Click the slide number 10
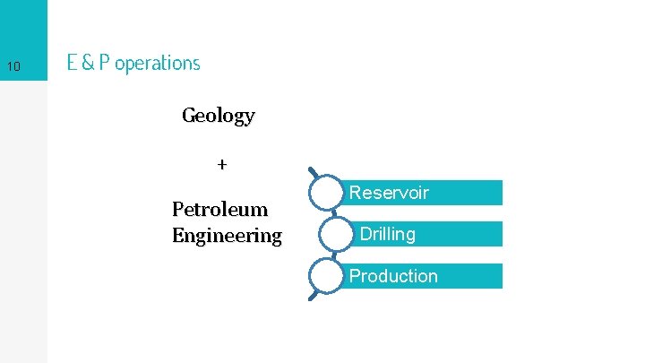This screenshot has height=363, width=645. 13,66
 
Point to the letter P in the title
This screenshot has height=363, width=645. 106,63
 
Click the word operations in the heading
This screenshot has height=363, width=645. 158,64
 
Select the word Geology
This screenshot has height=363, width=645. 218,116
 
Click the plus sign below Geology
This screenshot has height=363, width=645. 222,165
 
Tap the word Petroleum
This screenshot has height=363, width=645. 219,210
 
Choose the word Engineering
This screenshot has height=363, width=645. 227,236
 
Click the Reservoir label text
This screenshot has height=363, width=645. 389,193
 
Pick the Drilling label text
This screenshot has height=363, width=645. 387,234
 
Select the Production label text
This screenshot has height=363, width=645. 393,276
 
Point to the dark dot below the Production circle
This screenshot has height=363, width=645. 311,297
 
